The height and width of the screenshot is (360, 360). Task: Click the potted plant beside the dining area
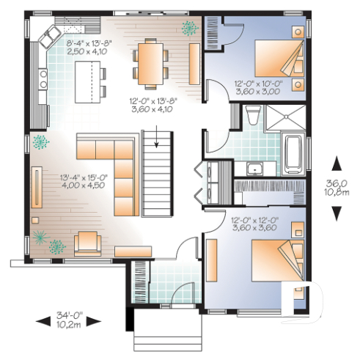point(190,29)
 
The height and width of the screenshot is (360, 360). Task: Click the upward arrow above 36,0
point(337,164)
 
